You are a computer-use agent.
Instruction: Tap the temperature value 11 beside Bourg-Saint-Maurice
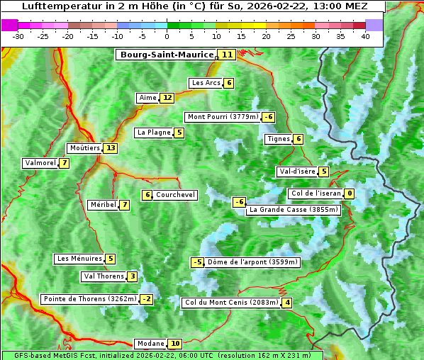[x=227, y=55]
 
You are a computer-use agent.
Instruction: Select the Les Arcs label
[x=206, y=83]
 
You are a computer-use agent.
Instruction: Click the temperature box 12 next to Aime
[x=167, y=98]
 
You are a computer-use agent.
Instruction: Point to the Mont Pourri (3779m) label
[x=222, y=117]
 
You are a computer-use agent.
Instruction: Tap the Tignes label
[x=278, y=139]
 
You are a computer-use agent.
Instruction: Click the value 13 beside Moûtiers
[x=110, y=148]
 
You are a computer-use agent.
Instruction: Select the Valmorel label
[x=40, y=163]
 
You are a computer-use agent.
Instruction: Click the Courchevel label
[x=175, y=195]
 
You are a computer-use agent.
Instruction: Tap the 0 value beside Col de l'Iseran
[x=350, y=193]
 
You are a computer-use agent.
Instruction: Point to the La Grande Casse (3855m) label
[x=294, y=210]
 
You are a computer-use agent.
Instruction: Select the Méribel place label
[x=103, y=205]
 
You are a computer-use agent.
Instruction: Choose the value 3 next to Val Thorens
[x=133, y=276]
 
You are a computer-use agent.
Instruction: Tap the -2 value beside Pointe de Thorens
[x=146, y=299]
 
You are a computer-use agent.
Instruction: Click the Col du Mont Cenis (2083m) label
[x=230, y=303]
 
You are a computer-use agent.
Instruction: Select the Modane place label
[x=150, y=344]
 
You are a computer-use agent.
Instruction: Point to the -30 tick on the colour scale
[x=18, y=36]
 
